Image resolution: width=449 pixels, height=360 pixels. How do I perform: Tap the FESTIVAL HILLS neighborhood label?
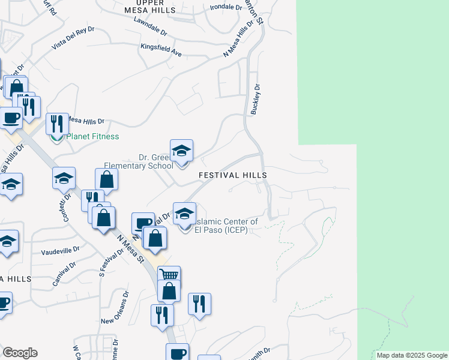point(232,175)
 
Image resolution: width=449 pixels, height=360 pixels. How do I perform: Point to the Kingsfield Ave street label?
point(161,50)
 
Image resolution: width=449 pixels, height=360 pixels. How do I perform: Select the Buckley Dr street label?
point(256,100)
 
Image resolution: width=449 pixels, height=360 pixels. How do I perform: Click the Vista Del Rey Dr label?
point(73,38)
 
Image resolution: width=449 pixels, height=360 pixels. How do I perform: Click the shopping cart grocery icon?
point(169,276)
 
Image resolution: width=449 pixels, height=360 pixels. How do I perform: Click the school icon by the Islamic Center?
point(185,213)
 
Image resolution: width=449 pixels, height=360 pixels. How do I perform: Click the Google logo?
point(20,353)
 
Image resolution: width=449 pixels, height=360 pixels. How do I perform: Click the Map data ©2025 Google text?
point(412,355)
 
